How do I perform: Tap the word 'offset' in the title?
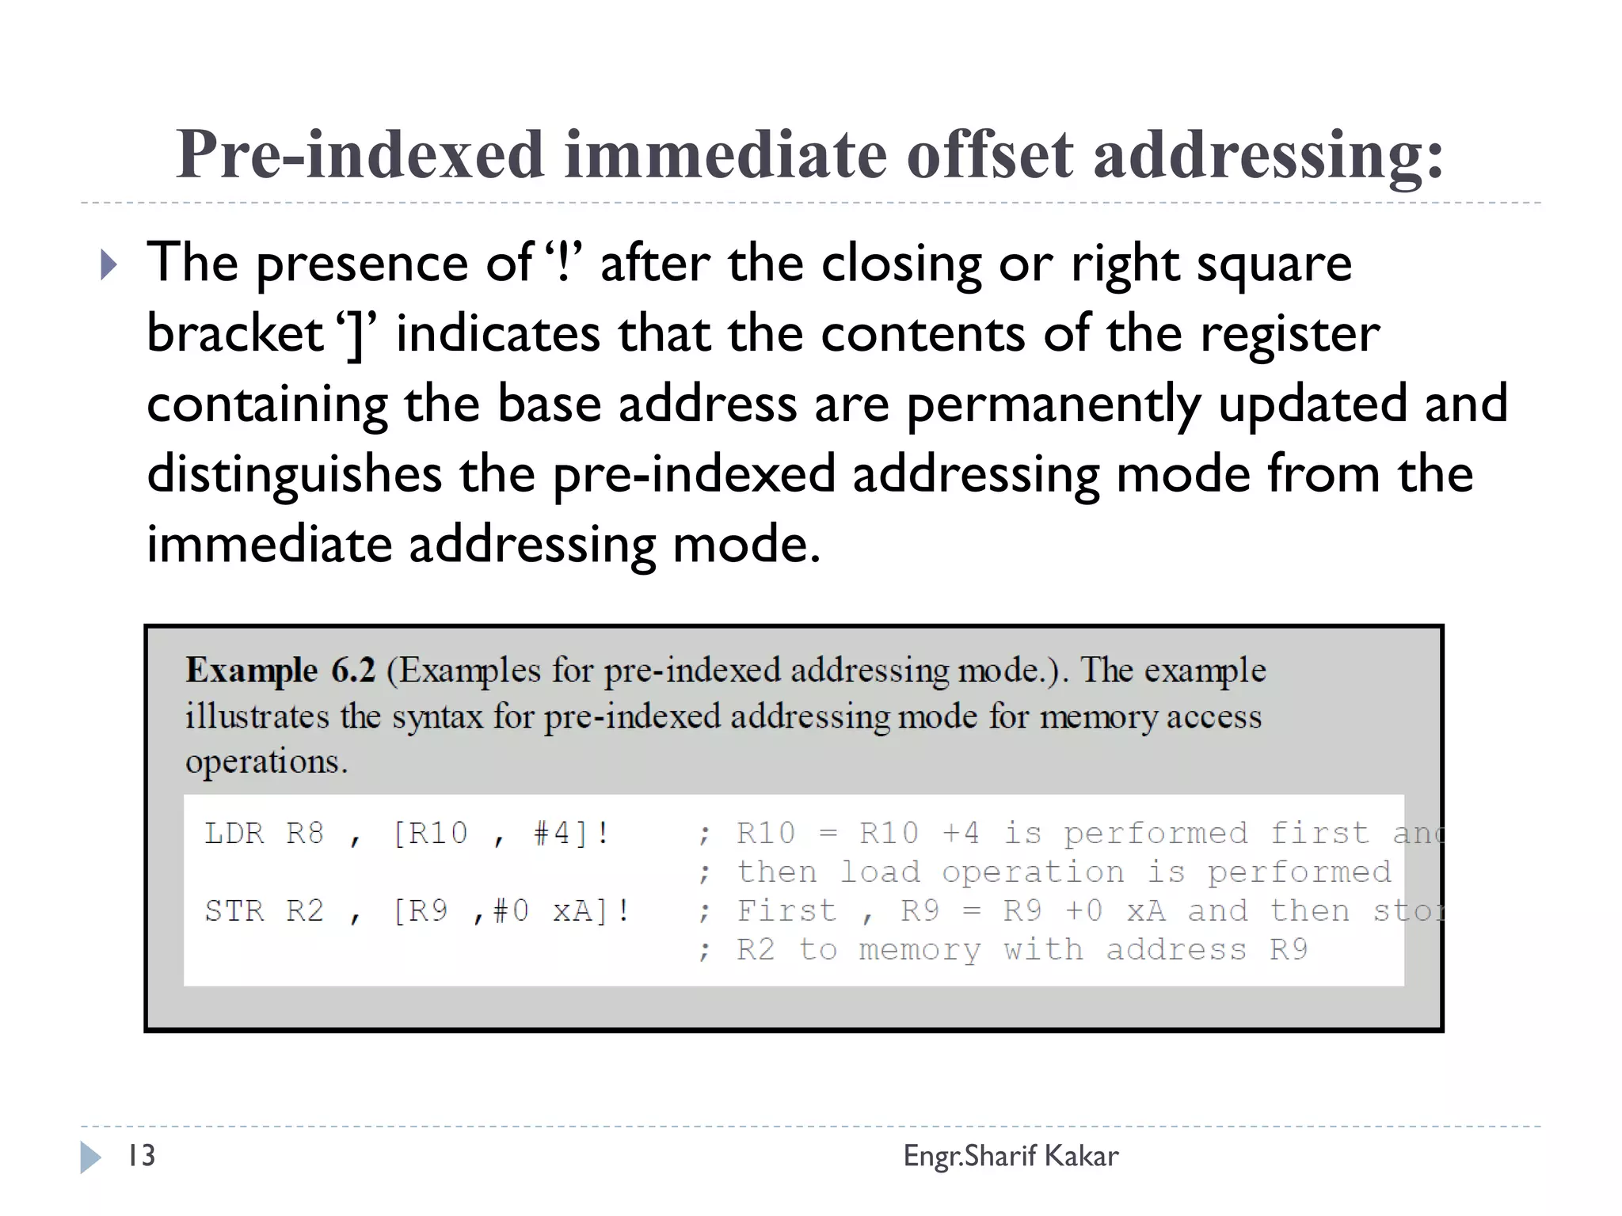(989, 154)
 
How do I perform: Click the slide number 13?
(142, 1156)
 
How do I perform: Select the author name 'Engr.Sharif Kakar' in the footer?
(1011, 1156)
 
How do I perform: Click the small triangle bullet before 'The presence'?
(109, 265)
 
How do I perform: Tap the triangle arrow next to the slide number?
(90, 1157)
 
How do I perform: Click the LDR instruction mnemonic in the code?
(234, 834)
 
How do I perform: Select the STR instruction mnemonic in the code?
(234, 911)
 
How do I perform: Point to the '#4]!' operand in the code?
(571, 834)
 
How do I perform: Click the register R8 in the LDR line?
(305, 834)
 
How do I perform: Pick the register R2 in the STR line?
(305, 911)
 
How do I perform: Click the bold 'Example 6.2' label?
(280, 671)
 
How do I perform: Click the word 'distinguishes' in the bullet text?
(294, 474)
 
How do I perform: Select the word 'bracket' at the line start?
(234, 333)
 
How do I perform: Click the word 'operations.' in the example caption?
(266, 762)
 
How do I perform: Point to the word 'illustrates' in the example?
(257, 716)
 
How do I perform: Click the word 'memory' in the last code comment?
(920, 950)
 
